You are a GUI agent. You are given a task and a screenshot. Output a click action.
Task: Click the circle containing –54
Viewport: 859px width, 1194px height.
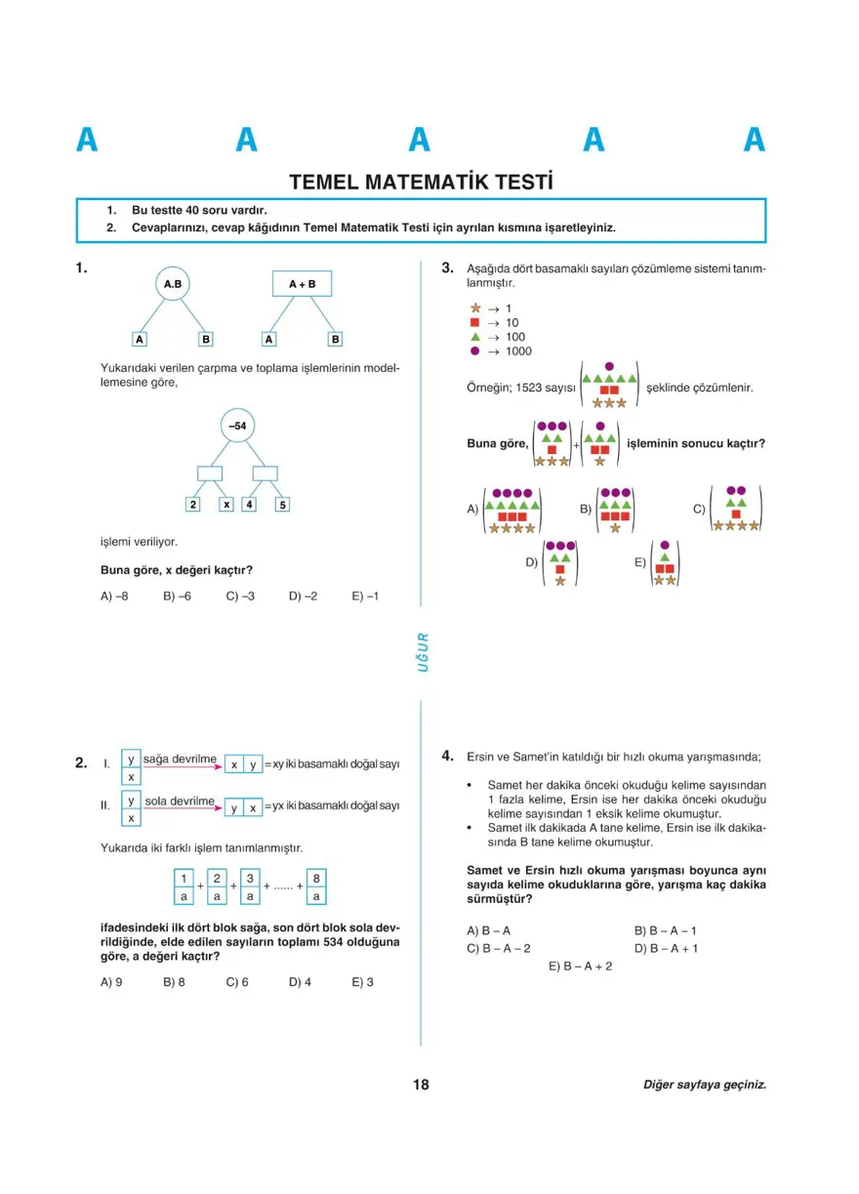pos(236,427)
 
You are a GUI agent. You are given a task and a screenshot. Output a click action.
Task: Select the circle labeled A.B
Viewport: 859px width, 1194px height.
pos(173,284)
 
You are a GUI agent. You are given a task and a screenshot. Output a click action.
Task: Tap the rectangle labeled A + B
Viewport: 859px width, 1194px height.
pos(302,284)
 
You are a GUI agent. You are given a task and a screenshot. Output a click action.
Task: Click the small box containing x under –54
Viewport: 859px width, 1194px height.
pos(226,505)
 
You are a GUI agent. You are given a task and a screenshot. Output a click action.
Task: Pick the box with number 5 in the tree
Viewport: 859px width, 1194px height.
pos(282,505)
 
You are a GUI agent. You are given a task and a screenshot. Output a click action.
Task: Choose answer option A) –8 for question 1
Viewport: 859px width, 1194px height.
pos(114,596)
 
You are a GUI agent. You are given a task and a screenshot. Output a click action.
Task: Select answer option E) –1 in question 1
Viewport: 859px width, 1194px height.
pos(365,596)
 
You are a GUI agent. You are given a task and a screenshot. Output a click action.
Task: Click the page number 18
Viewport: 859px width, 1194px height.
pos(421,1085)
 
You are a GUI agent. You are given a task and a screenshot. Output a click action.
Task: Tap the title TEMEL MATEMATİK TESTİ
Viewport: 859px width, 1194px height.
pos(421,182)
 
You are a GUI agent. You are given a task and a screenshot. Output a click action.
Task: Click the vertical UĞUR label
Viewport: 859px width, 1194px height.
pos(422,652)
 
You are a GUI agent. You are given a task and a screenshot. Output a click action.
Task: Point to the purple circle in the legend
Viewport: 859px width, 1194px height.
pos(475,350)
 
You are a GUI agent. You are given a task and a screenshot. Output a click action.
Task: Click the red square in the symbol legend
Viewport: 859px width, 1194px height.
pos(475,322)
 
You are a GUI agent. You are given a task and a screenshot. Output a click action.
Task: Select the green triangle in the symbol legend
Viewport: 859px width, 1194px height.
pos(475,337)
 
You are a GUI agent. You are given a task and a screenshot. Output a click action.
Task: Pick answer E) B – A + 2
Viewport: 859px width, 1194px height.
pos(580,966)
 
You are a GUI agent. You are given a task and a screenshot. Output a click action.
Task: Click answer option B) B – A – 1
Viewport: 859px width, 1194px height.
pos(665,930)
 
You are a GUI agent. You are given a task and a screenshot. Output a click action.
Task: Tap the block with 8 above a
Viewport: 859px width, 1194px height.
pos(316,886)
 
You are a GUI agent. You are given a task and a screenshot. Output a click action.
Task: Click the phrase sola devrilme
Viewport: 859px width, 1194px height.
pos(180,802)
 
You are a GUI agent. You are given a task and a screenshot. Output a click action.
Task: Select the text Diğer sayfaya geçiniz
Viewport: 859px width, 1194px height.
pos(704,1085)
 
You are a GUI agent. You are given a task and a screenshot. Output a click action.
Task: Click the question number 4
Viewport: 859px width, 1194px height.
pos(447,755)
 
